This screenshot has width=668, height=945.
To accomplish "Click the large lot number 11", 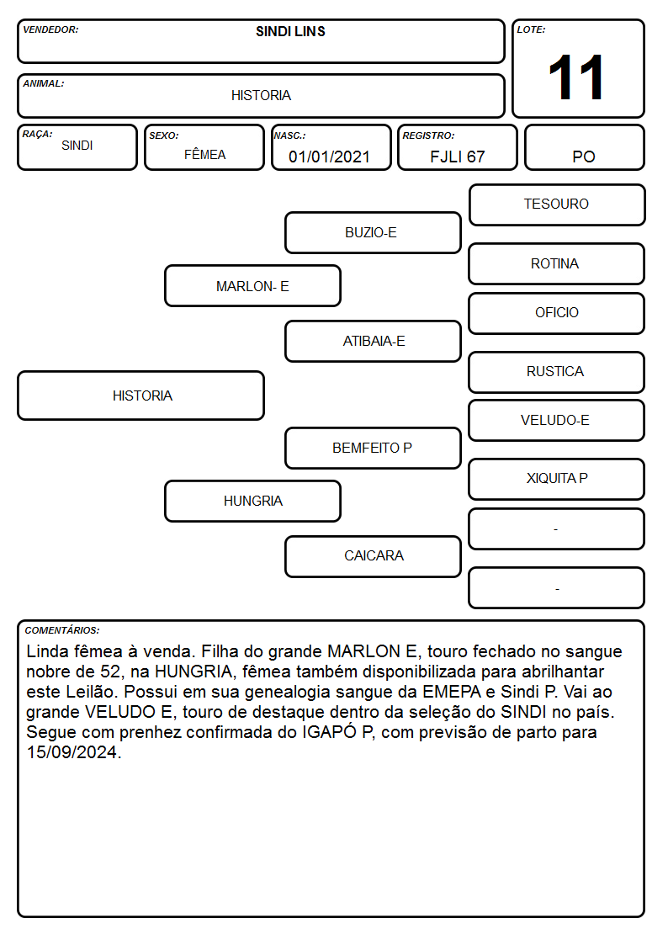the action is [576, 77].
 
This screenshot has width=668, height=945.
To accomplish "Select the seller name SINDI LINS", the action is [290, 31].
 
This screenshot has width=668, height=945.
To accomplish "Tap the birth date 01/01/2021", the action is [329, 157].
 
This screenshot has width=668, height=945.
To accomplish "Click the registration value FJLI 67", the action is [457, 157].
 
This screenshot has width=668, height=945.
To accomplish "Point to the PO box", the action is [584, 147].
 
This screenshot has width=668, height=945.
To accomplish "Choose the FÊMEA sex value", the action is [204, 155].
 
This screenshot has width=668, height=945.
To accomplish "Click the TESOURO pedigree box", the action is [557, 205].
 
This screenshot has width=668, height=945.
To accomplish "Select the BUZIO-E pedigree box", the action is [373, 232].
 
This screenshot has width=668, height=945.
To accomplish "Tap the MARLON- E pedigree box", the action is [252, 285].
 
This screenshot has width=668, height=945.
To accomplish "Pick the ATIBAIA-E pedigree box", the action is [373, 341].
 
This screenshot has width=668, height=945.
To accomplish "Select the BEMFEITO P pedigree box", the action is [373, 448].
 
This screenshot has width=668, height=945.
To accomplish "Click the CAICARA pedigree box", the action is [373, 556].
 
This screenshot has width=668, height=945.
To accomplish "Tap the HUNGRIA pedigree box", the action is [252, 501].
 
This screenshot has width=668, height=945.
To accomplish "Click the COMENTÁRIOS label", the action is [62, 630].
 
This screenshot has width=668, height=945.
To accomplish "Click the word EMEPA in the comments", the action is [452, 692].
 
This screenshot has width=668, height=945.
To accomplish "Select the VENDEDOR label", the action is [50, 29].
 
